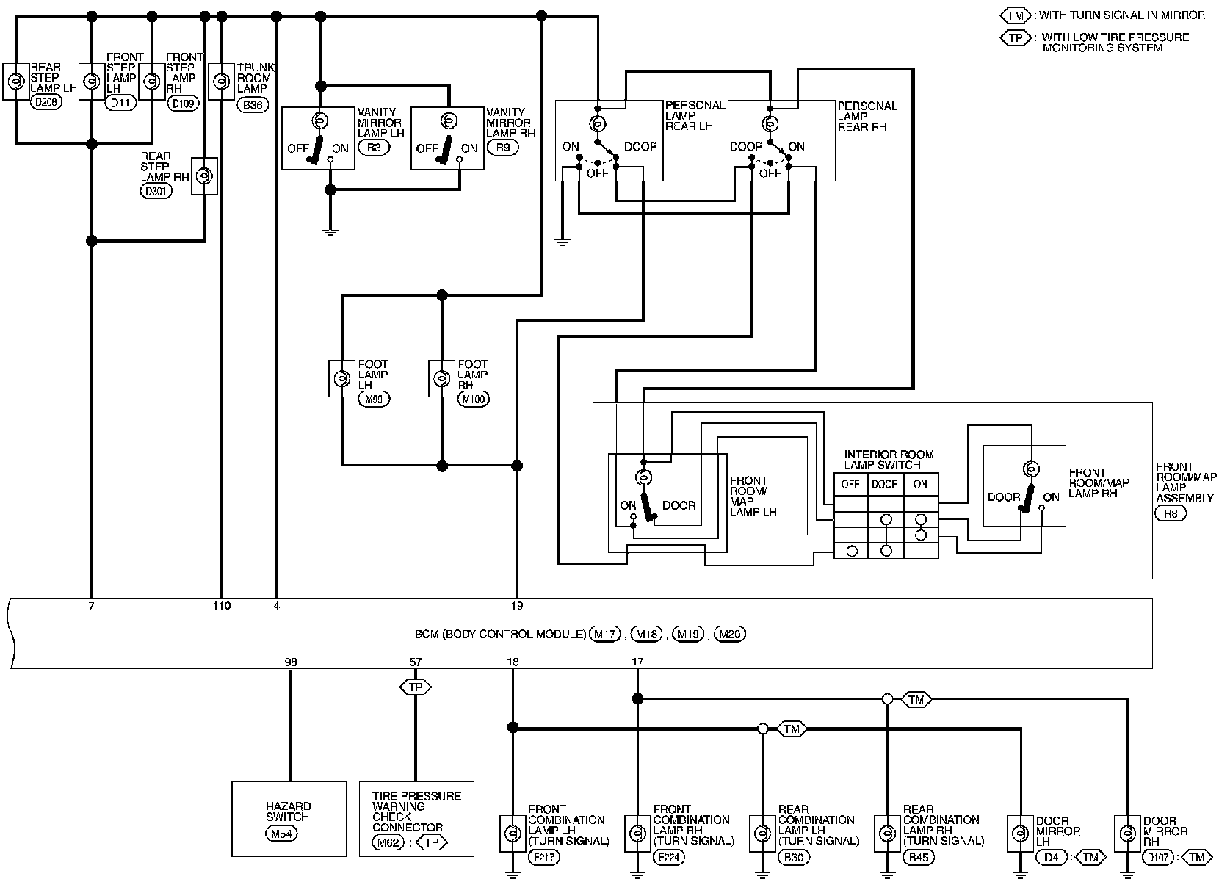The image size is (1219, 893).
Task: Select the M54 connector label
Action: click(281, 834)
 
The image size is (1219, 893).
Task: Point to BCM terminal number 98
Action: click(291, 662)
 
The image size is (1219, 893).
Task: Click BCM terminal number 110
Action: click(222, 606)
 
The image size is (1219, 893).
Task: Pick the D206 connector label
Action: click(46, 102)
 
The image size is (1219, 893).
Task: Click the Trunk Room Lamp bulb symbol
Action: click(221, 82)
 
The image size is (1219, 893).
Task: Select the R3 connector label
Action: click(374, 147)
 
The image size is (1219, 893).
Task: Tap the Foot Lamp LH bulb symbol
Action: click(341, 377)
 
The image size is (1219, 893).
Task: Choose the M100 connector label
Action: click(474, 399)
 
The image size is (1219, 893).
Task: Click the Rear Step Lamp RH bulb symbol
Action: click(204, 176)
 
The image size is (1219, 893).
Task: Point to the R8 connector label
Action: click(1171, 513)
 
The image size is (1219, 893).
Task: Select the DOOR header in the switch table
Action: click(885, 485)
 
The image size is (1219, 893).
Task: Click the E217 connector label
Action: click(544, 858)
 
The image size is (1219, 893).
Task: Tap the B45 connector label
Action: click(919, 858)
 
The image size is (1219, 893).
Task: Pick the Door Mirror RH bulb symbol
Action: click(1128, 833)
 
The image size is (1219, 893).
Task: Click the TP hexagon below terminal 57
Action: click(415, 687)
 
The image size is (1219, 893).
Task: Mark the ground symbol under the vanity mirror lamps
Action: click(330, 232)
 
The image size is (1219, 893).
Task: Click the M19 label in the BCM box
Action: click(688, 634)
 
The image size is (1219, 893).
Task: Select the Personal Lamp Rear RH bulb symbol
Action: click(770, 124)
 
